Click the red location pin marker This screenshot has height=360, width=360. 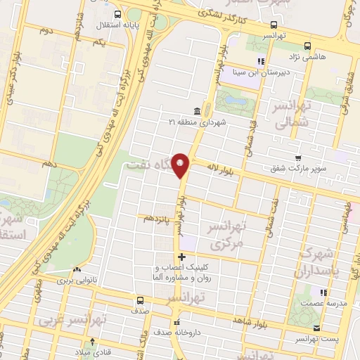181,165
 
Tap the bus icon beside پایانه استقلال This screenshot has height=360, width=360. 116,15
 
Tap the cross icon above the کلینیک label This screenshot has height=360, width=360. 182,257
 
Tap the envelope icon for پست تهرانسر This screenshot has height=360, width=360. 317,328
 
